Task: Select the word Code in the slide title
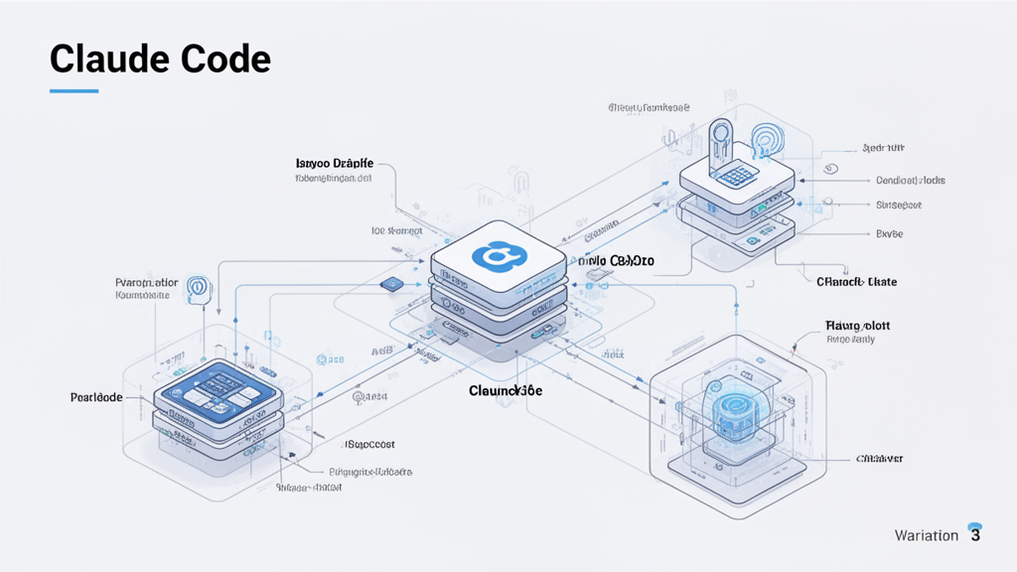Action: click(226, 60)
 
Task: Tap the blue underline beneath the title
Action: click(73, 91)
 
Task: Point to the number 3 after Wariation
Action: click(975, 535)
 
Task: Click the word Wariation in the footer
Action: click(926, 536)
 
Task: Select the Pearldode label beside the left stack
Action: click(96, 397)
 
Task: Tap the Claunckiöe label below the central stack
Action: click(506, 391)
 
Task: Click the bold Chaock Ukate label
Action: click(856, 282)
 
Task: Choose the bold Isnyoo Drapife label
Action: click(334, 163)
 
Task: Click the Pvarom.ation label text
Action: click(147, 283)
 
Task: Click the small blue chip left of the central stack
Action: click(390, 284)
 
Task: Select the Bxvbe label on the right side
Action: click(889, 234)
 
